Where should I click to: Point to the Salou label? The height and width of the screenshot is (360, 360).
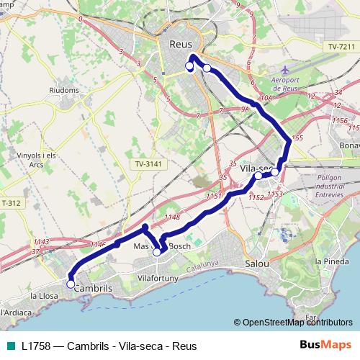256,264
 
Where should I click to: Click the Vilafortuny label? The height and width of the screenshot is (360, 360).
158,276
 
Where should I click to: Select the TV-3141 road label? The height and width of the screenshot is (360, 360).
149,164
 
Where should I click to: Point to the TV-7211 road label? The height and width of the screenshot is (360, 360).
341,46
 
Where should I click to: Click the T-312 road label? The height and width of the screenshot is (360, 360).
11,202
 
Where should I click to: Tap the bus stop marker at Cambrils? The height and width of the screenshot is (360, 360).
71,284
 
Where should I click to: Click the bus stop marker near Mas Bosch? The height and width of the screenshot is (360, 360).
157,252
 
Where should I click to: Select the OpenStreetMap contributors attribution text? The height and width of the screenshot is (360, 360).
297,323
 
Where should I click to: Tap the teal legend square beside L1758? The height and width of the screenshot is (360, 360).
10,346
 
